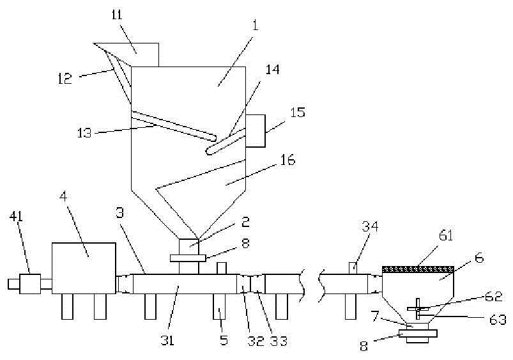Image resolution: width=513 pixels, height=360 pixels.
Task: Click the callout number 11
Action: coord(116,15)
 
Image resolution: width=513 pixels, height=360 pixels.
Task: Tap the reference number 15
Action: coord(298,112)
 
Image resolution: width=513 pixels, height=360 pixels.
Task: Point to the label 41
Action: coord(16,217)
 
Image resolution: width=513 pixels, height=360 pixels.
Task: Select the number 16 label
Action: coord(287,160)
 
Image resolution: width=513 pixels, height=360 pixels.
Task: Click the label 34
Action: coord(370,227)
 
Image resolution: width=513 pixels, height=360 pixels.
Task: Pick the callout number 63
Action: coord(498,319)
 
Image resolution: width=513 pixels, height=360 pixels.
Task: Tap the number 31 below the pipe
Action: coord(167,341)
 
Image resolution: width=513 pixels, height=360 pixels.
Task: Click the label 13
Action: coord(84,132)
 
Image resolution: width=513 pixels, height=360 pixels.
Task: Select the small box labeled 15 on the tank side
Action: coord(255,130)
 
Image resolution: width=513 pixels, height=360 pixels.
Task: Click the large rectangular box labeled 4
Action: coord(84,268)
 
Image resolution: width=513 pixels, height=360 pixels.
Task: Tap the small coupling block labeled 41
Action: coord(30,284)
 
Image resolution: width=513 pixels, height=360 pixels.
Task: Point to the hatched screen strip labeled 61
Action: coord(418,270)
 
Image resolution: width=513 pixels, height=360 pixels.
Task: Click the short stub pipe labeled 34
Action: coord(354,268)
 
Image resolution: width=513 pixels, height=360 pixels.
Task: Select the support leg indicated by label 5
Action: coord(219,306)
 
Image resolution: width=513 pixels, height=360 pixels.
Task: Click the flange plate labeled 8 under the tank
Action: coord(188,258)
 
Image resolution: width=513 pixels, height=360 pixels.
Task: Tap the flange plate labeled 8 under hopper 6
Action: coord(418,334)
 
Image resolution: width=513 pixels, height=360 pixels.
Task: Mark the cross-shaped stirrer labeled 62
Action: coord(418,308)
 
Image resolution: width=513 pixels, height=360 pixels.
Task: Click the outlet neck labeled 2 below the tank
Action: coord(188,247)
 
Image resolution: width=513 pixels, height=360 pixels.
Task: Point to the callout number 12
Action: coord(65,79)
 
